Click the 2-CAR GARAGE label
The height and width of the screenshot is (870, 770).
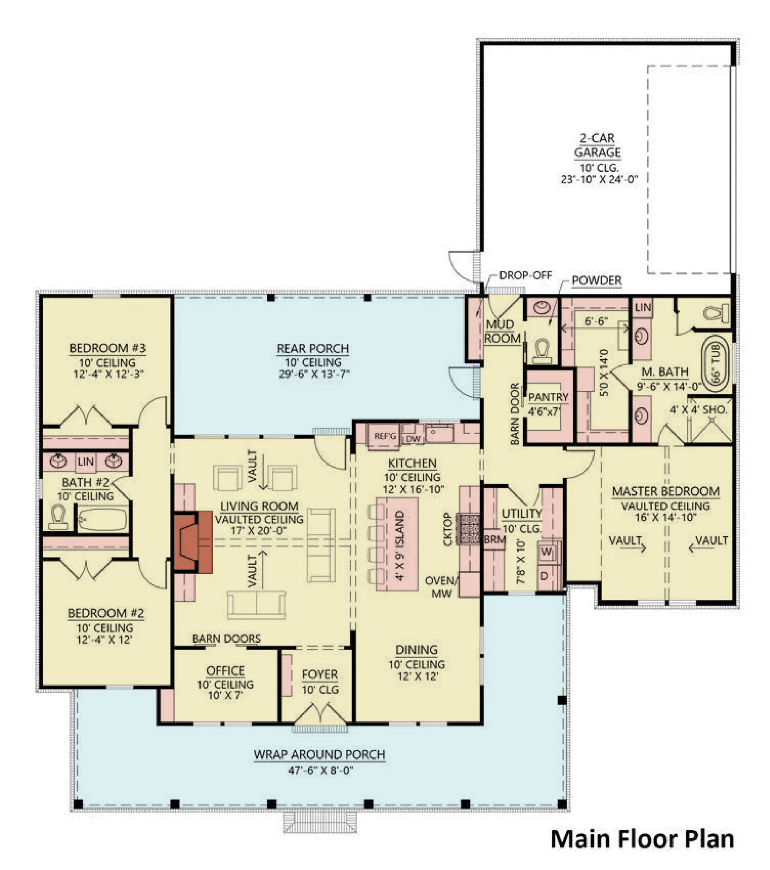597,146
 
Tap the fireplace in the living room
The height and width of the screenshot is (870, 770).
193,542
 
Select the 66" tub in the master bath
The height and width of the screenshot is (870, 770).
715,364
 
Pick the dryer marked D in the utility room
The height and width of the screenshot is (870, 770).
544,576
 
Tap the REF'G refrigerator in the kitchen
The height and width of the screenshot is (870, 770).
384,436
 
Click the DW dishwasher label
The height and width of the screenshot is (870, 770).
413,439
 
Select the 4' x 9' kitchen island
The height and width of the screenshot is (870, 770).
397,544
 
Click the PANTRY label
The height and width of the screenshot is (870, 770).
548,397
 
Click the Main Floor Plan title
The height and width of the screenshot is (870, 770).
642,839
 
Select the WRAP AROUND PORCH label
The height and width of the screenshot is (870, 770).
320,755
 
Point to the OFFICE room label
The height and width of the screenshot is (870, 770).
225,671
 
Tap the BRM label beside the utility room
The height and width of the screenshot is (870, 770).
495,540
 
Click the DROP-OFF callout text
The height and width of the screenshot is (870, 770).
525,275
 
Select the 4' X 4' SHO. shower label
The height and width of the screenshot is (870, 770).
698,410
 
